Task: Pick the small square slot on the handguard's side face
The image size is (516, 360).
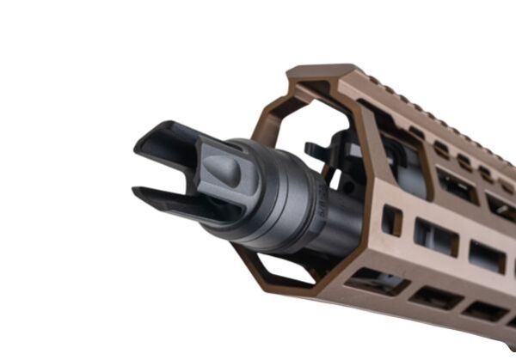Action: point(391,220)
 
